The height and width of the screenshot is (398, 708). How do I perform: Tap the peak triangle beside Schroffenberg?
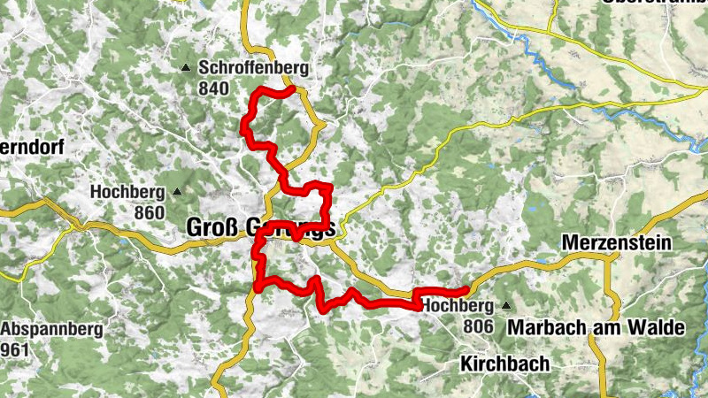(186, 68)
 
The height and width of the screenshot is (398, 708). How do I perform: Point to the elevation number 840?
(213, 88)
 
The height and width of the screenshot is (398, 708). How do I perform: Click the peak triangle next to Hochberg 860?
(177, 191)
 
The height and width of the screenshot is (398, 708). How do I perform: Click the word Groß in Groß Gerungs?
(211, 227)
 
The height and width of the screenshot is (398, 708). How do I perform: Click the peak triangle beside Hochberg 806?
(506, 306)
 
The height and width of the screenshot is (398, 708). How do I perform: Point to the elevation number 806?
(477, 326)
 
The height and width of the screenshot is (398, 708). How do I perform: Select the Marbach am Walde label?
(596, 327)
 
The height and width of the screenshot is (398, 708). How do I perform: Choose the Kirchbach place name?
(504, 364)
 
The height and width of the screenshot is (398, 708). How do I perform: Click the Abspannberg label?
(52, 329)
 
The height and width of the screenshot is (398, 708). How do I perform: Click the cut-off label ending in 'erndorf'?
(32, 149)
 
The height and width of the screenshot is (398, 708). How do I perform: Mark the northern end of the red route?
(291, 88)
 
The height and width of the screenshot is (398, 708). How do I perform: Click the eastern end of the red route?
(465, 290)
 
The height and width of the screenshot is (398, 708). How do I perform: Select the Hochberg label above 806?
(456, 306)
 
